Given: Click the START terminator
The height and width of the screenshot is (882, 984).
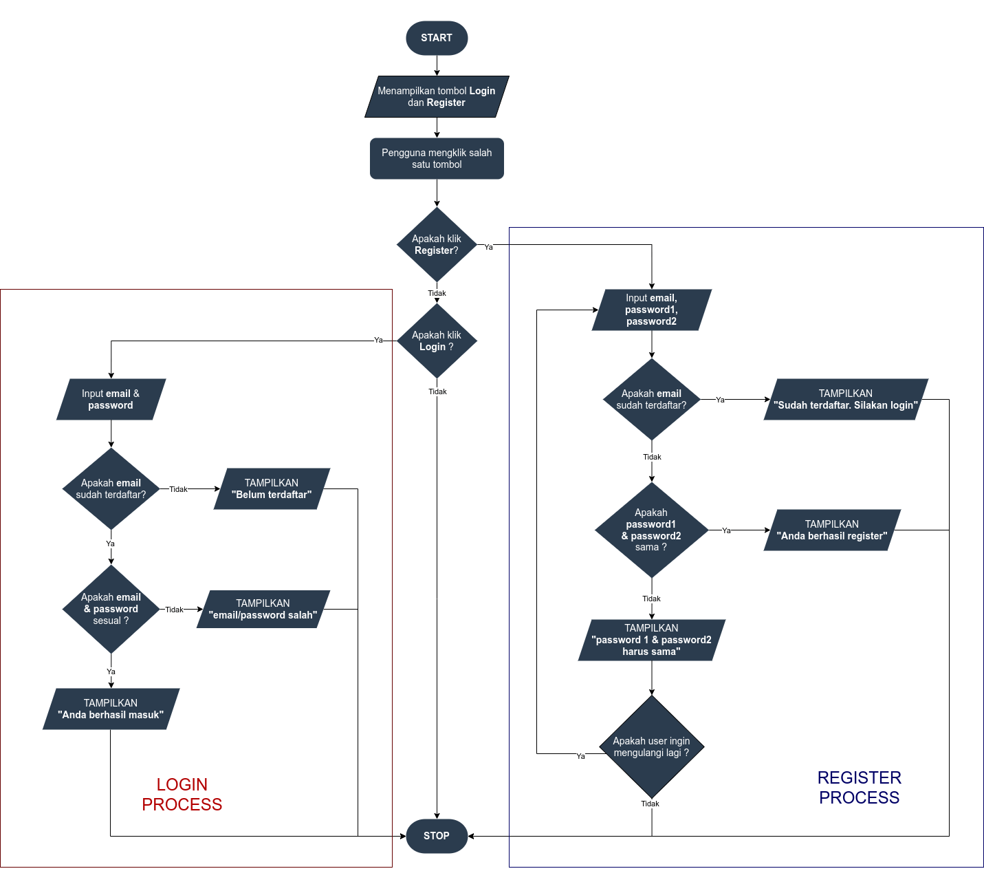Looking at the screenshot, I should tap(437, 38).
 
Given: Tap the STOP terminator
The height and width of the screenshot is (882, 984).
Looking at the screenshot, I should tap(437, 836).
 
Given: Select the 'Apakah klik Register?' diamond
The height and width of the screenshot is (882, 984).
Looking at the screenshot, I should tap(437, 245).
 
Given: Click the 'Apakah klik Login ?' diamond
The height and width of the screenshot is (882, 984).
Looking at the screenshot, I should tap(437, 341).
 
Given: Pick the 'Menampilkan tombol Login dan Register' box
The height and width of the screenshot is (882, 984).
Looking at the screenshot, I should tap(437, 97).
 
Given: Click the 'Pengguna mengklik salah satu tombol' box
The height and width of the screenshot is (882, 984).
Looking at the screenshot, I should tap(437, 159).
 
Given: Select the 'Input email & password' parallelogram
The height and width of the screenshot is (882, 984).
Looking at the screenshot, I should tap(111, 400).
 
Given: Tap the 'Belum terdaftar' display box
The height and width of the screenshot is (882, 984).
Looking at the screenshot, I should tap(272, 489).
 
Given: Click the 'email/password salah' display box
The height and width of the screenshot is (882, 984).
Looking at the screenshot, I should tap(263, 610).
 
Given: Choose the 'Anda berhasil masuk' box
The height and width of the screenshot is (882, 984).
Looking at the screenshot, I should tap(111, 709).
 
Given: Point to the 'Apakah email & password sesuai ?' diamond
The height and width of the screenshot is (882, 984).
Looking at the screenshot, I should tap(111, 610).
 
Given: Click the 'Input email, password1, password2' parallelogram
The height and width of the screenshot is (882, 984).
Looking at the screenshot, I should tap(651, 310).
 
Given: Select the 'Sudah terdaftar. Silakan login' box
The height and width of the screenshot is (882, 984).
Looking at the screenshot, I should tap(846, 400).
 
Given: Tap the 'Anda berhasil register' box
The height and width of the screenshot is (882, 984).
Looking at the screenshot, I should tap(832, 530).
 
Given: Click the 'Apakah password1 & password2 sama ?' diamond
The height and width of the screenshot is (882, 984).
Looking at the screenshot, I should tap(651, 530).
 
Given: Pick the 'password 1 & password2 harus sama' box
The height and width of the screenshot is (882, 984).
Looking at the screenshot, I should tap(651, 641).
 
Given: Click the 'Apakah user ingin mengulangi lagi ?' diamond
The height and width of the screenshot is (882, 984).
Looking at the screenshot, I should tap(651, 747).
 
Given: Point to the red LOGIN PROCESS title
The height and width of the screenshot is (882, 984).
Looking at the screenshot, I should tap(182, 795).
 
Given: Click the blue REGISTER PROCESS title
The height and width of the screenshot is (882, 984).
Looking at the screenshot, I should tap(860, 788).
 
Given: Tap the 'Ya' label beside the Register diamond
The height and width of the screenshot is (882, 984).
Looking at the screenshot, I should tap(488, 247).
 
